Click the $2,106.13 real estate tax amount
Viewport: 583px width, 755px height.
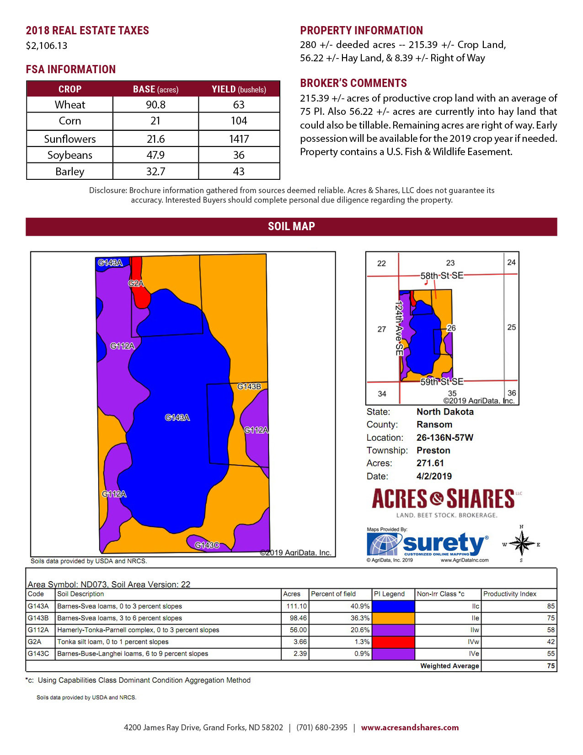click(x=47, y=46)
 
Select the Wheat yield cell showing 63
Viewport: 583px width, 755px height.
click(x=239, y=105)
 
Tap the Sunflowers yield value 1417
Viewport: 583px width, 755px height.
click(x=239, y=139)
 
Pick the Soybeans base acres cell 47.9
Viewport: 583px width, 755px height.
click(x=155, y=155)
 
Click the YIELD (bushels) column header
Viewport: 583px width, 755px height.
click(x=239, y=89)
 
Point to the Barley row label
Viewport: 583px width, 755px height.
click(x=70, y=172)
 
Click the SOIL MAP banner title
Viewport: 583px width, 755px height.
click(x=291, y=226)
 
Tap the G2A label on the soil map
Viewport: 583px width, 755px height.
click(x=136, y=283)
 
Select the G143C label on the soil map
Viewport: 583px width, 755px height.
click(x=207, y=545)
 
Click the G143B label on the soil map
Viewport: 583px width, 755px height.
click(x=249, y=387)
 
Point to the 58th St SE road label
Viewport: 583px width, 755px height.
click(x=442, y=275)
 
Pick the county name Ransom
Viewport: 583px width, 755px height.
click(x=434, y=425)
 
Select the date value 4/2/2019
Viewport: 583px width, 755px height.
click(x=434, y=476)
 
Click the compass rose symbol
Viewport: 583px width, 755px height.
click(x=521, y=544)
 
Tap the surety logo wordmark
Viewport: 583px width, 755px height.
click(x=443, y=543)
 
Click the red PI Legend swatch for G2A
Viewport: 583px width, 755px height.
click(x=393, y=642)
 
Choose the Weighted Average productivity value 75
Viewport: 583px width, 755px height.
click(x=551, y=666)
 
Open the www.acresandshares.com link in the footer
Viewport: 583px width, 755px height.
click(x=410, y=728)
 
